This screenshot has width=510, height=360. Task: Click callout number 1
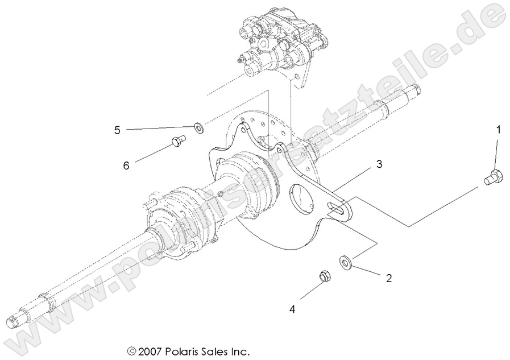pyautogui.click(x=498, y=130)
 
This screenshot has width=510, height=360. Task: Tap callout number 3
pyautogui.click(x=378, y=164)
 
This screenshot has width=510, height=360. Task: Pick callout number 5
pyautogui.click(x=117, y=130)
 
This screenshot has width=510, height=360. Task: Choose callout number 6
pyautogui.click(x=126, y=165)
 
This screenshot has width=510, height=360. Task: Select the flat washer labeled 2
pyautogui.click(x=345, y=262)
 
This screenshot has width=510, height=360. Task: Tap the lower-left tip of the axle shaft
pyautogui.click(x=12, y=324)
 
